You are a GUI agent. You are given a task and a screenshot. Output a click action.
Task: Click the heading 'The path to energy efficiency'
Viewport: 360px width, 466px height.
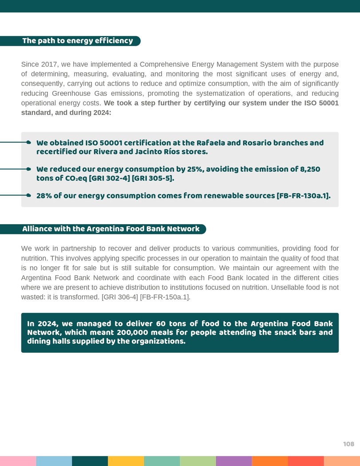[78, 41]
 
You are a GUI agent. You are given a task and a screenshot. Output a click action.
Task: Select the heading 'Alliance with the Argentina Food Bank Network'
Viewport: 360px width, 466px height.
[111, 229]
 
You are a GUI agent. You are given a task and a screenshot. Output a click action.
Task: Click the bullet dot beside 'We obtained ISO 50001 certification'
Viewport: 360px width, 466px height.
[28, 142]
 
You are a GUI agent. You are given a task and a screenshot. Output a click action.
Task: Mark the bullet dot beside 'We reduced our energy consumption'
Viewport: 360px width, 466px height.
[28, 169]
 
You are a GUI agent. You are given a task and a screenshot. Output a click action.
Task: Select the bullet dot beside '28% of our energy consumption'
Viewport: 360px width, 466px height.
[28, 195]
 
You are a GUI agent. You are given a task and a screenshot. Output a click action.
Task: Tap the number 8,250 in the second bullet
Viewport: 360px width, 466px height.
[308, 169]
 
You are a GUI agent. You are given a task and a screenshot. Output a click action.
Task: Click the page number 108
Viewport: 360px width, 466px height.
[348, 444]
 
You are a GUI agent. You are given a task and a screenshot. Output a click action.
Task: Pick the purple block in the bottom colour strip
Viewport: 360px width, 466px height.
[233, 461]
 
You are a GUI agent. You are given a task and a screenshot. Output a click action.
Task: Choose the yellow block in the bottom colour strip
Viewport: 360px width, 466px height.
[126, 461]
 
